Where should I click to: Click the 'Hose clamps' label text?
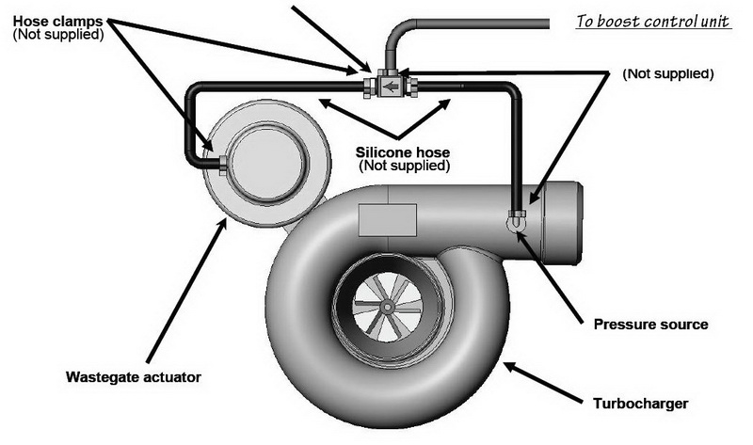pyautogui.click(x=57, y=22)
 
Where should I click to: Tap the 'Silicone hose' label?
pyautogui.click(x=403, y=152)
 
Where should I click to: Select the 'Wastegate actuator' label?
pyautogui.click(x=134, y=377)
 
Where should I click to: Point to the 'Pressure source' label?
pyautogui.click(x=650, y=325)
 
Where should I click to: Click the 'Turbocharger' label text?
pyautogui.click(x=641, y=404)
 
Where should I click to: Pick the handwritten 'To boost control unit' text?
pyautogui.click(x=653, y=22)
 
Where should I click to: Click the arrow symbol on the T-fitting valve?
pyautogui.click(x=392, y=87)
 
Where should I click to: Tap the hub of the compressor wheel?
pyautogui.click(x=387, y=307)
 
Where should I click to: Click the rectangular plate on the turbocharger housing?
pyautogui.click(x=388, y=220)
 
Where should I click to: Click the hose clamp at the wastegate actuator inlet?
pyautogui.click(x=223, y=166)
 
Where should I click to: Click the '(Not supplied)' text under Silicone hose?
pyautogui.click(x=405, y=166)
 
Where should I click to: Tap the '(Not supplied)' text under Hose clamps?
pyautogui.click(x=58, y=35)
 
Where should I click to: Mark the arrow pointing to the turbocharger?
pyautogui.click(x=543, y=383)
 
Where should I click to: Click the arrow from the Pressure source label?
pyautogui.click(x=550, y=274)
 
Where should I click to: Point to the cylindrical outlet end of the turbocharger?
pyautogui.click(x=562, y=223)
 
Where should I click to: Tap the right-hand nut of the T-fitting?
pyautogui.click(x=412, y=87)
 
